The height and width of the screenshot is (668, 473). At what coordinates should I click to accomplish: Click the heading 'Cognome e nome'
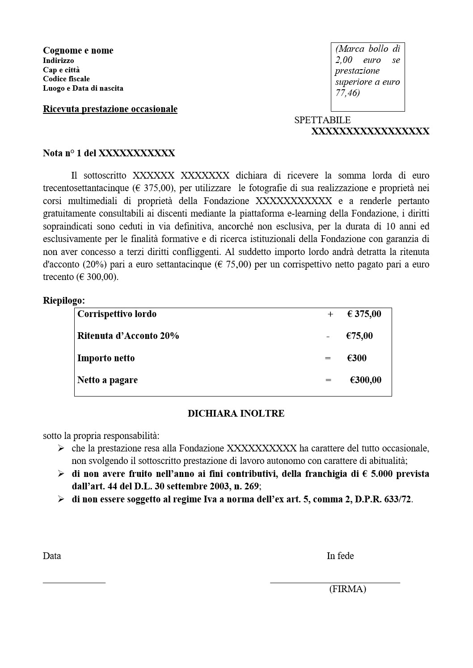pos(78,50)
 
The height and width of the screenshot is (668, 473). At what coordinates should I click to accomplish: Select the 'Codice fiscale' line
pos(66,79)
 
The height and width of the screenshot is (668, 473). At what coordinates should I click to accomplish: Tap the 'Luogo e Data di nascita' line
pos(83,88)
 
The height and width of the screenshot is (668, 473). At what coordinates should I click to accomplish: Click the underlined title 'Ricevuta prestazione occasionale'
pos(110,109)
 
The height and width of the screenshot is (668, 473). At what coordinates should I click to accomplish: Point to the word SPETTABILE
pos(322,120)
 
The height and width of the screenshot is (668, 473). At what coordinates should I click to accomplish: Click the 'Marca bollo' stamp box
pos(367,77)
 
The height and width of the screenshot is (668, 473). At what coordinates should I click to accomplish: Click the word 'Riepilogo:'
pos(63,301)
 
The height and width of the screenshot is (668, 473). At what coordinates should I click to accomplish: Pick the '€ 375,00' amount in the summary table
pos(364,314)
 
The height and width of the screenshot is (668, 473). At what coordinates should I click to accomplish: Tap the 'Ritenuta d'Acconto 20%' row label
pos(128,336)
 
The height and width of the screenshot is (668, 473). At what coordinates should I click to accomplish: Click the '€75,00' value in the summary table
pos(359,336)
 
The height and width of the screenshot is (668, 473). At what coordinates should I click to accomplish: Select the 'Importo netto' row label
pos(106,358)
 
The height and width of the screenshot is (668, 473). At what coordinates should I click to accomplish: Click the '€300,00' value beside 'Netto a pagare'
pos(365,380)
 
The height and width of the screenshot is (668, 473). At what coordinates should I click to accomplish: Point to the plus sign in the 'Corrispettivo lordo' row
pos(330,314)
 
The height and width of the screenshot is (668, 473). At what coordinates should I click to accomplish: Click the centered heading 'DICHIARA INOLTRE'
pos(236,413)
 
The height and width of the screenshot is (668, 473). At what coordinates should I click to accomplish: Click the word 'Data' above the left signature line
pos(52,556)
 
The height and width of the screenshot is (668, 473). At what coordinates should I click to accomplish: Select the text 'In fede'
pos(340,556)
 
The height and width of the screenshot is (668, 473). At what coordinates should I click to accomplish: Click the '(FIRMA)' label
pos(347,589)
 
